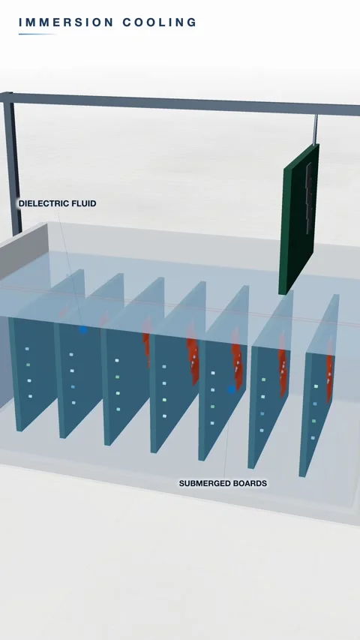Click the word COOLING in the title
point(160,22)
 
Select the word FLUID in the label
point(84,203)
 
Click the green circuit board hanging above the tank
point(298,219)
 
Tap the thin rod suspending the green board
point(316,129)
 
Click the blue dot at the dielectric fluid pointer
point(82,329)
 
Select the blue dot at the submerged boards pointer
point(232,389)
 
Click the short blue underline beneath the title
point(37,34)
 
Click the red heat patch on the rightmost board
point(329,371)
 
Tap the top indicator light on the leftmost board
point(27,349)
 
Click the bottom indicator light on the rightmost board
point(313,438)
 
